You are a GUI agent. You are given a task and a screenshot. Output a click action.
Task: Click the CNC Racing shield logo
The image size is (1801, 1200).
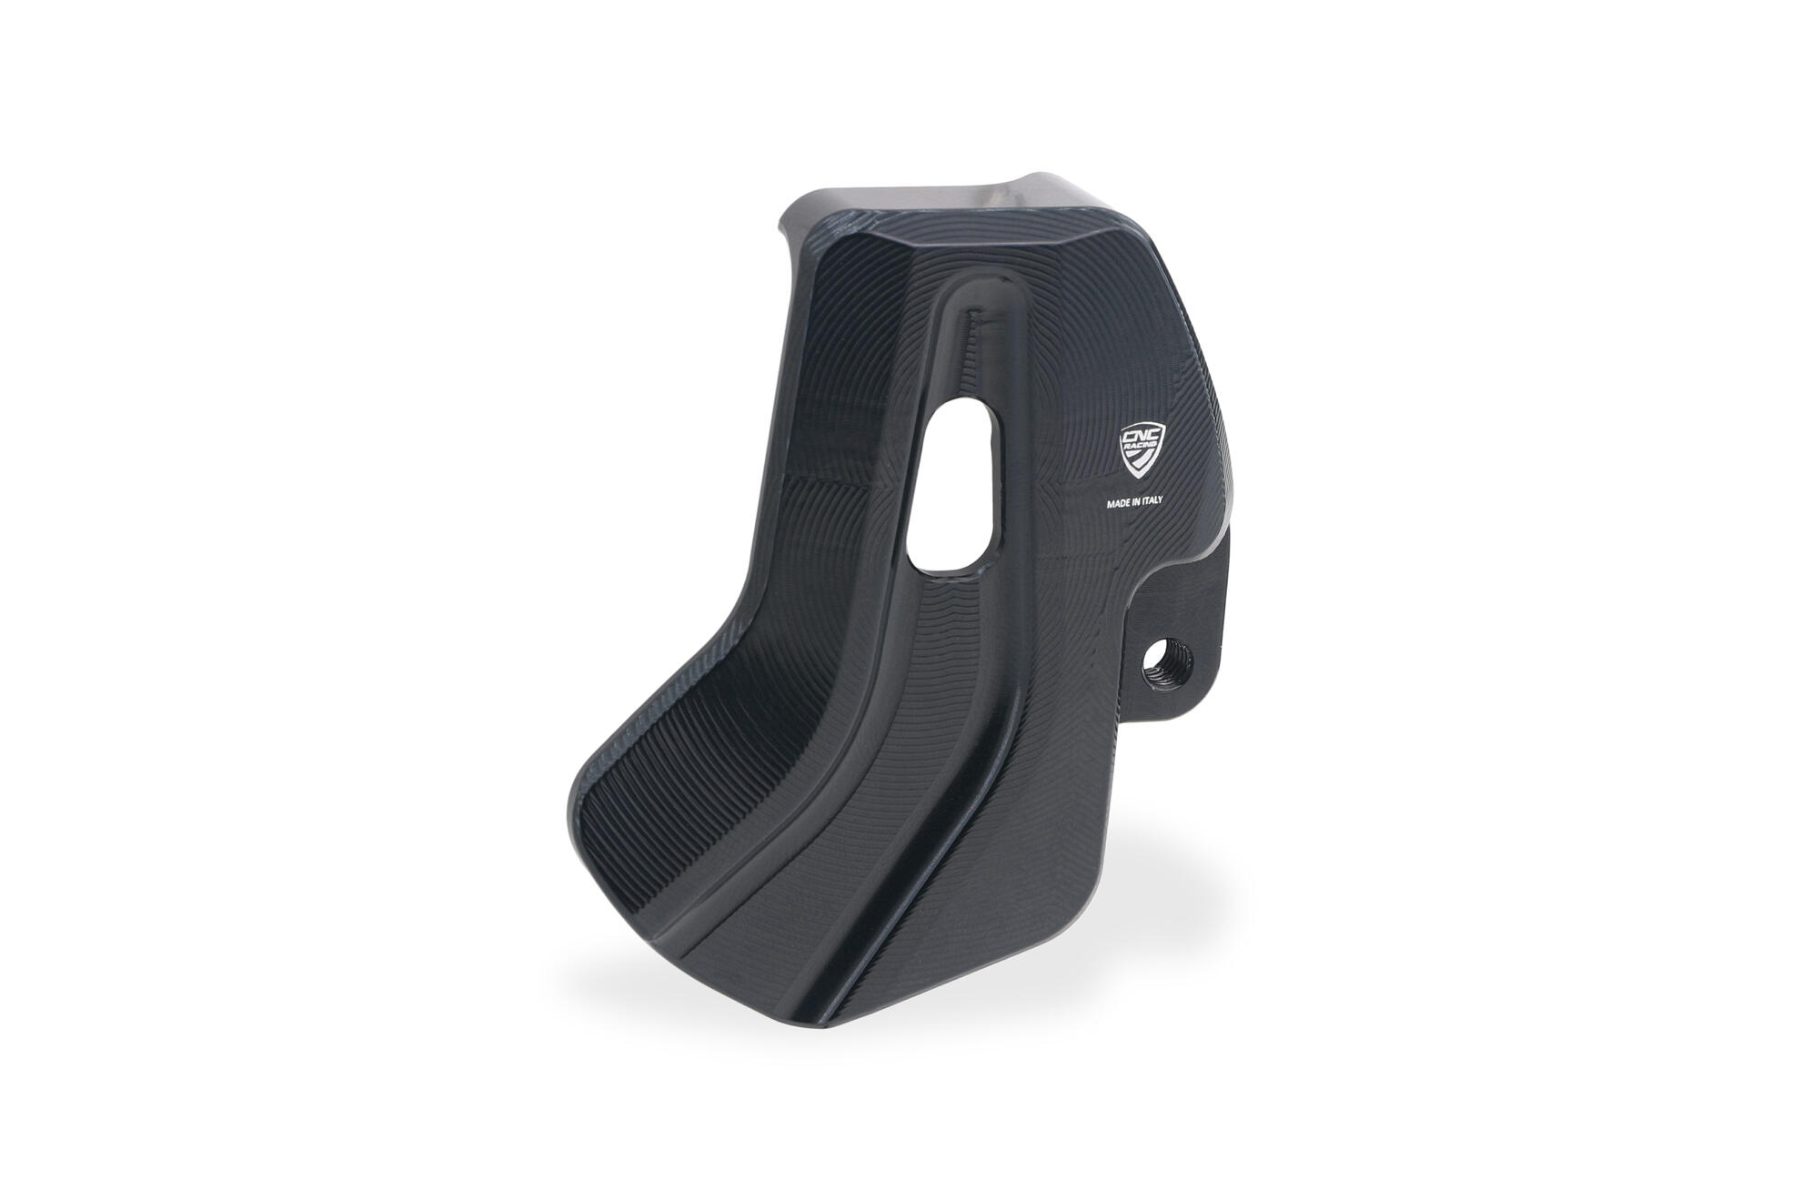point(1139,451)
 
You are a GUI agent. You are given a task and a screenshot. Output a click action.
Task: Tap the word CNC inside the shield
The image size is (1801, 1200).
point(1139,437)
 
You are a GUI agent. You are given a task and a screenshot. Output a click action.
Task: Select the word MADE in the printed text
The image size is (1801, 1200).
point(1120,501)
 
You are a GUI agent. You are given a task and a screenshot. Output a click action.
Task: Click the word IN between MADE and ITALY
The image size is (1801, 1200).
point(1140,501)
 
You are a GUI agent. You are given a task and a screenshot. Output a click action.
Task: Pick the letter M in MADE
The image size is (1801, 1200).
point(1111,501)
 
